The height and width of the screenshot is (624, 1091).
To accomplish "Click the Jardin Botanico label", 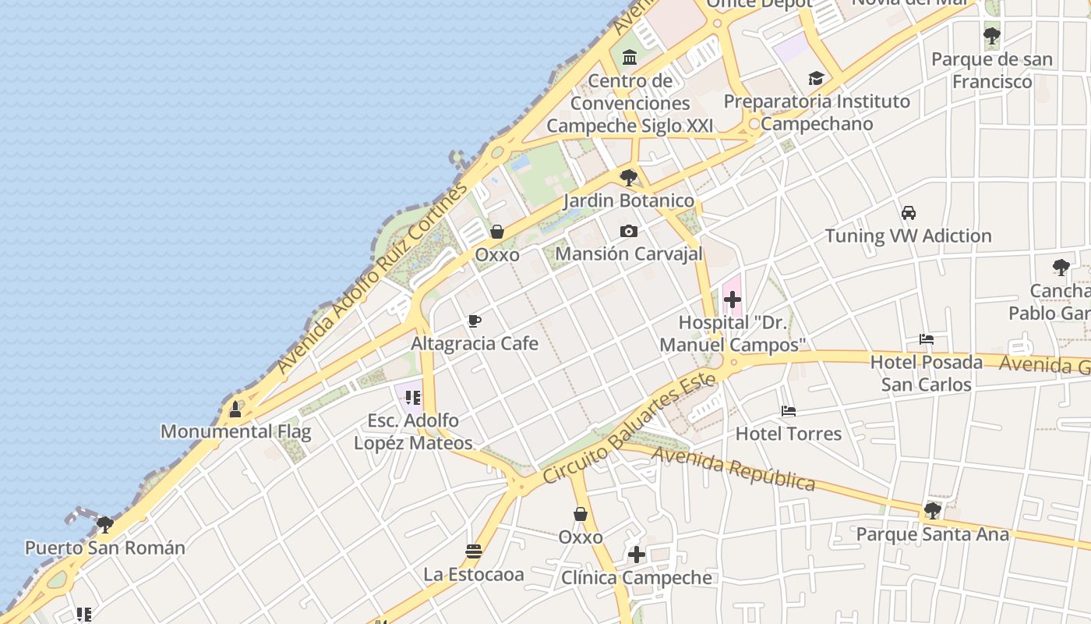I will click(x=629, y=200).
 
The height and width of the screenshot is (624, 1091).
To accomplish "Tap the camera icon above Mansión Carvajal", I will click(x=629, y=231).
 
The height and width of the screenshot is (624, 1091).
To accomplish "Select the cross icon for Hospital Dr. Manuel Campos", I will click(x=732, y=299).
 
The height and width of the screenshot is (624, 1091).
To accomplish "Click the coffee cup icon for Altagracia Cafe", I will click(x=474, y=321).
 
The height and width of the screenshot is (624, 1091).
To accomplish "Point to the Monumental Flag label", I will click(x=235, y=431).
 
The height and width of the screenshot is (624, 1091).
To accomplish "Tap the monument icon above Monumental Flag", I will click(x=235, y=409).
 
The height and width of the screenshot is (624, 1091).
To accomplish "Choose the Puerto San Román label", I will click(x=105, y=548).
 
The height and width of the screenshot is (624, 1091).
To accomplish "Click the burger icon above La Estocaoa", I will click(x=473, y=551).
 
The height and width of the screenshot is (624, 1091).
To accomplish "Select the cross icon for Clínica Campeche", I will click(x=637, y=555).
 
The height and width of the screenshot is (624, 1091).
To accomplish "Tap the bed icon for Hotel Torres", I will click(x=789, y=411).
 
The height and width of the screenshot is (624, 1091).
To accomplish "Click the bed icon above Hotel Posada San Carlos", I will click(x=926, y=339).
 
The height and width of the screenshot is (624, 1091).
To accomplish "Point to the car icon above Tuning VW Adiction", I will click(x=908, y=212).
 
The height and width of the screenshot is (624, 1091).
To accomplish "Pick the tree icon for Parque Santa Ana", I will click(x=932, y=512).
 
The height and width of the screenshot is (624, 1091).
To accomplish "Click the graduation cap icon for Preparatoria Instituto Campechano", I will click(x=816, y=78).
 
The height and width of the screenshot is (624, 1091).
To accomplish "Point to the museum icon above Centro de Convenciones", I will click(x=630, y=57).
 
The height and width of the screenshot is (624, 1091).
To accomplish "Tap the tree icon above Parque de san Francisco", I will click(x=991, y=36).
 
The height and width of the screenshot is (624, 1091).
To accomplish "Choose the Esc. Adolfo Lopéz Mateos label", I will click(x=413, y=431).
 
